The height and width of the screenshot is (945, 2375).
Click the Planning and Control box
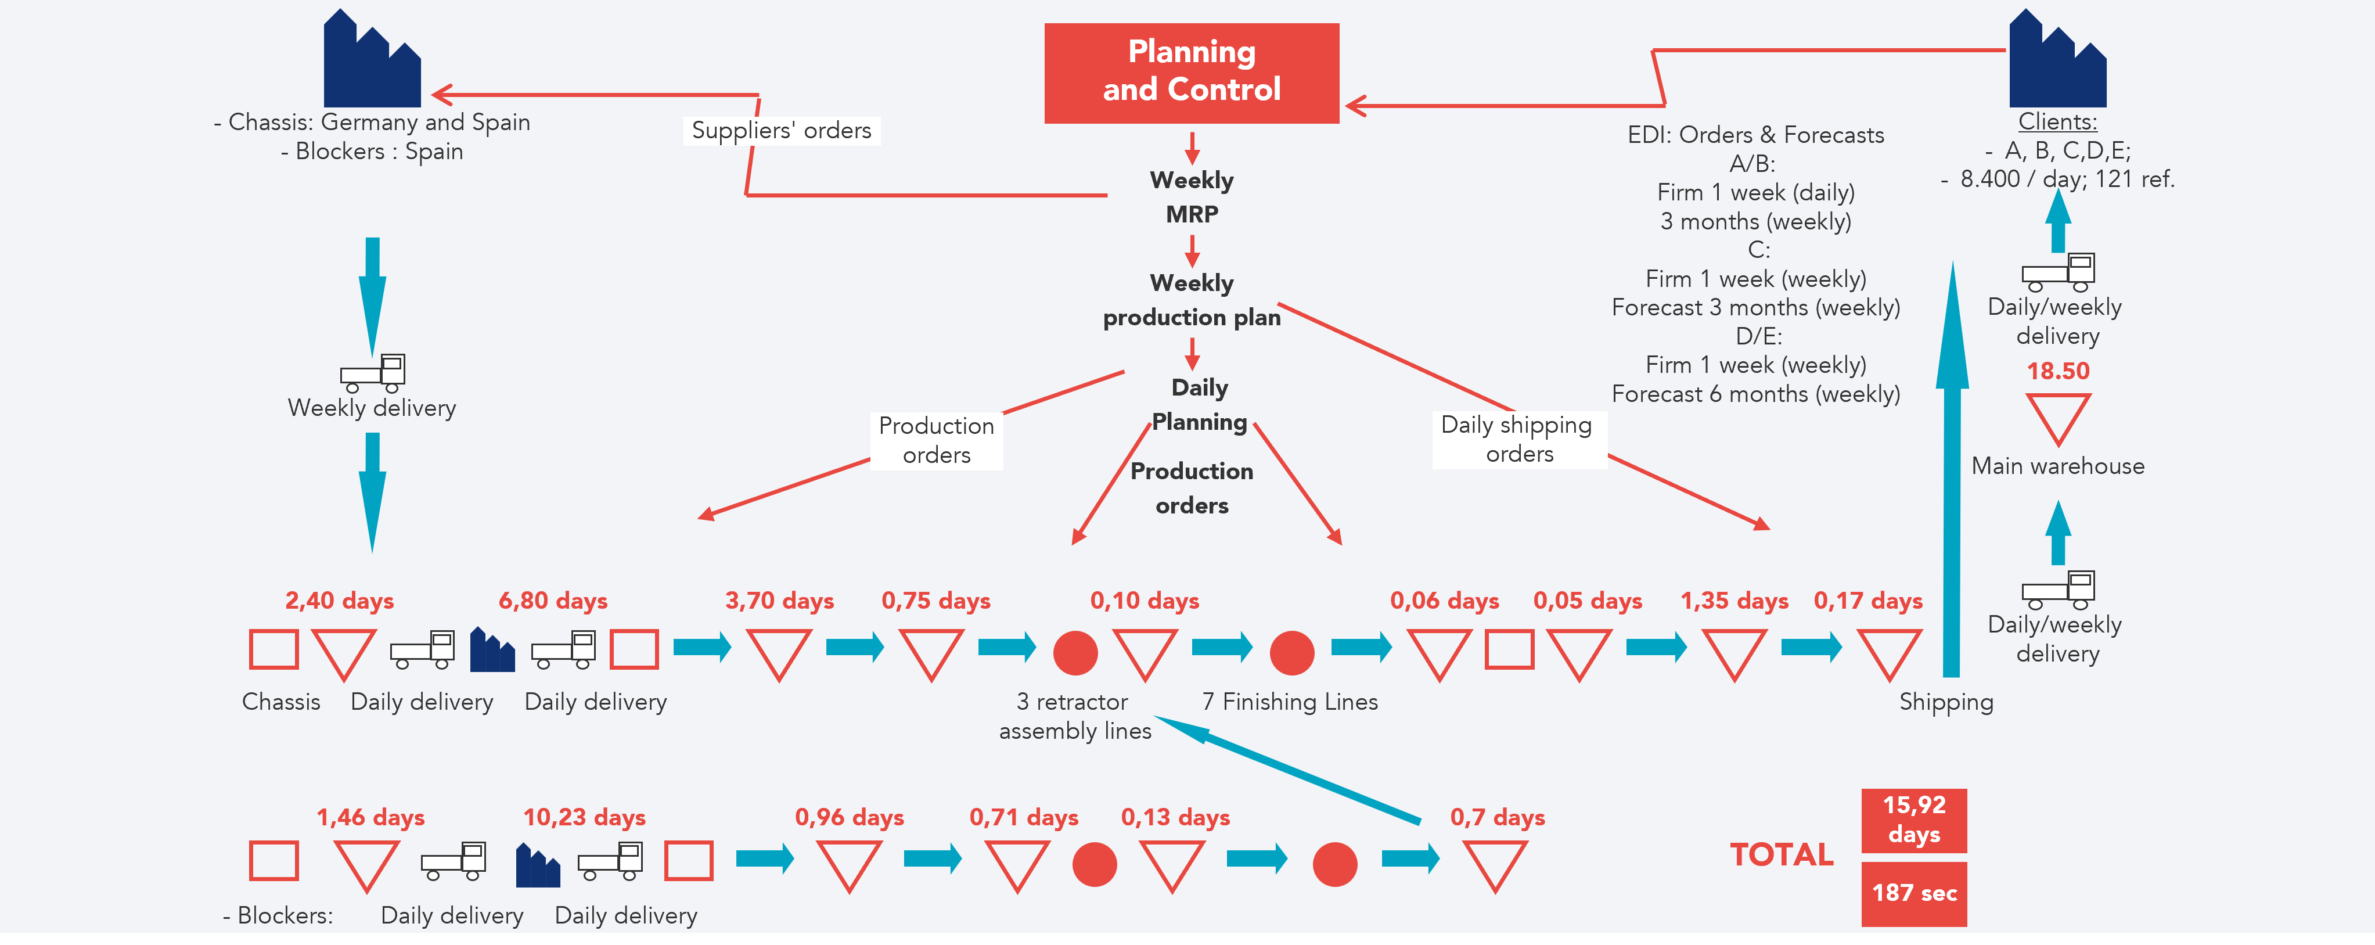(1191, 72)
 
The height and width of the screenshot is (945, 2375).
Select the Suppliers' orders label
(781, 131)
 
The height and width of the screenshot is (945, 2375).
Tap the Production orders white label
(936, 441)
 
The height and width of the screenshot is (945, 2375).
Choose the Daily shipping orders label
(1518, 440)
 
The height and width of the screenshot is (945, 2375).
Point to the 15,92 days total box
(1913, 820)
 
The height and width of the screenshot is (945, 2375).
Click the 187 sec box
(1913, 893)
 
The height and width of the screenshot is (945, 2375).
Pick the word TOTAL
(1782, 854)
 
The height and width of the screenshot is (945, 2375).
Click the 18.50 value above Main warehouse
(2057, 371)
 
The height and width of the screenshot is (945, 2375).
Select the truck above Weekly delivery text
(373, 372)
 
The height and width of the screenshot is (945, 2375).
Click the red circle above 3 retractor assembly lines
(1075, 653)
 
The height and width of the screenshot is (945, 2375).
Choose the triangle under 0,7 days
(1495, 864)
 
